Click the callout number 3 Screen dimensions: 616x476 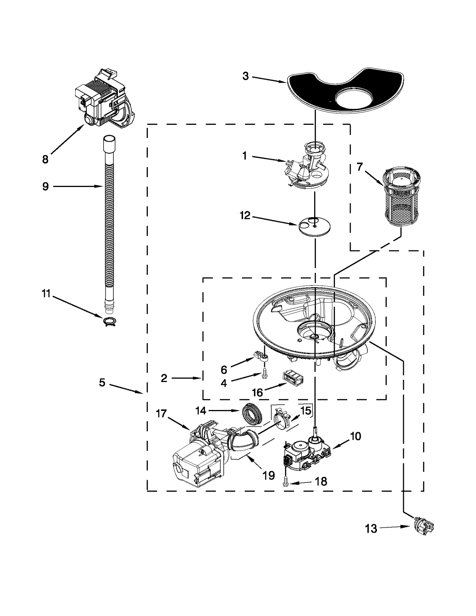(245, 76)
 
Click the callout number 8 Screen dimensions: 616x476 (45, 160)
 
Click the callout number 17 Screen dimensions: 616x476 (161, 414)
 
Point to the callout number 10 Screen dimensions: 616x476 (356, 436)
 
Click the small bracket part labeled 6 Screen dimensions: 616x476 (260, 356)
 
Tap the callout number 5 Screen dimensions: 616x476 (102, 383)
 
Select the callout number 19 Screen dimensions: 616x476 (268, 475)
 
